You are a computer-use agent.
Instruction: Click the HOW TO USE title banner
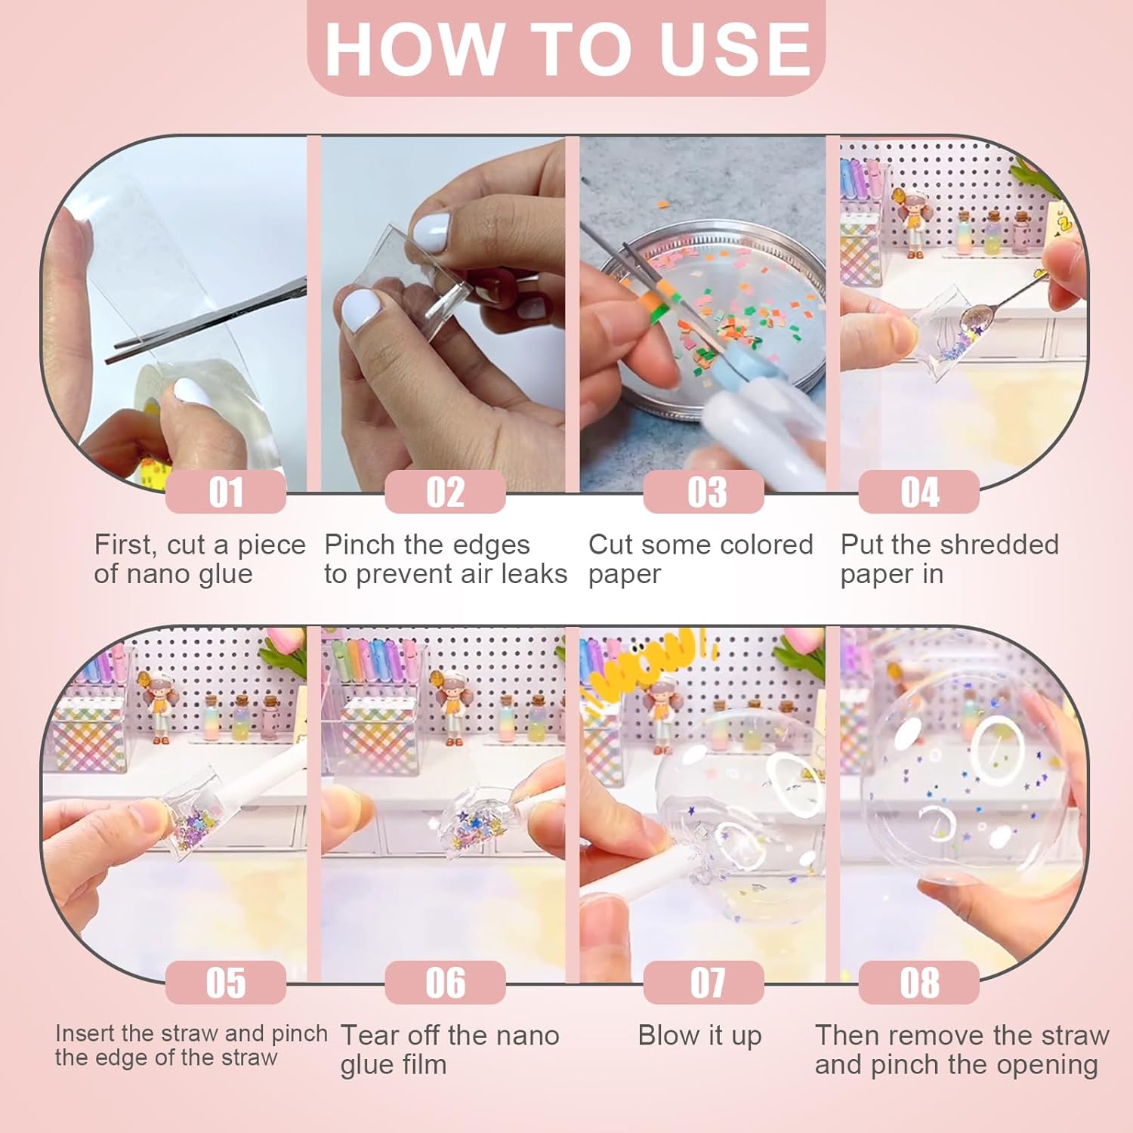tap(566, 48)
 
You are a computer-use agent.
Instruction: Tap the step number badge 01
tap(226, 492)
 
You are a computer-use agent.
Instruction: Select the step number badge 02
tap(445, 492)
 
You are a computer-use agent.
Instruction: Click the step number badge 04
tap(919, 492)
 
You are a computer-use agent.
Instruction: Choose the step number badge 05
tap(226, 982)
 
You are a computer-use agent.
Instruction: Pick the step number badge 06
tap(445, 982)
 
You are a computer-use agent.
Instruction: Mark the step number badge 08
tap(919, 982)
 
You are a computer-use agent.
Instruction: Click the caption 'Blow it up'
tap(699, 1036)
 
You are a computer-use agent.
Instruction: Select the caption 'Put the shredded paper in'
tap(949, 559)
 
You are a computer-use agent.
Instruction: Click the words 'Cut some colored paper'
tap(700, 559)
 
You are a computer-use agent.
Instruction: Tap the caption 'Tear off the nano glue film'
tap(449, 1049)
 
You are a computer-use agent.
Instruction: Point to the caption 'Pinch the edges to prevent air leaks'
tap(446, 559)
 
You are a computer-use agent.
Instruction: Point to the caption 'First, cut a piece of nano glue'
tap(199, 559)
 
